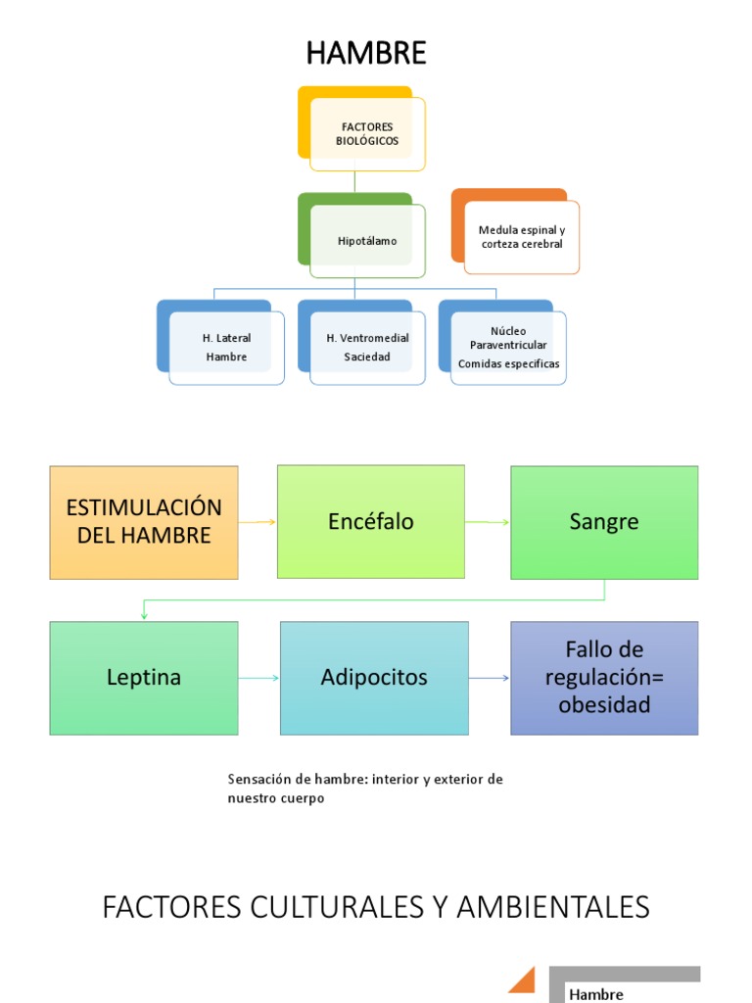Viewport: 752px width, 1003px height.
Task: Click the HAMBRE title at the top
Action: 366,53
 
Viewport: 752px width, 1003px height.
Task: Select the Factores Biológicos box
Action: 367,134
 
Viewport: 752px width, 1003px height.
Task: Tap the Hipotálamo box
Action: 367,241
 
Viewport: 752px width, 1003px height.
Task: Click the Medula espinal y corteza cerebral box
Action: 522,237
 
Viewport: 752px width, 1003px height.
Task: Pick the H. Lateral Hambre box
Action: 226,348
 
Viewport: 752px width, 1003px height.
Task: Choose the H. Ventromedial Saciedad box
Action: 367,348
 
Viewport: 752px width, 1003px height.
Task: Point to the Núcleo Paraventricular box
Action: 508,348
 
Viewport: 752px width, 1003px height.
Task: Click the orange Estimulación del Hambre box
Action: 144,522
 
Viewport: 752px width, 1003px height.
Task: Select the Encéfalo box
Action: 371,521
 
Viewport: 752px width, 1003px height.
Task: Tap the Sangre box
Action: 604,522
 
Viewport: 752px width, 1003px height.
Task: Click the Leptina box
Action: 144,678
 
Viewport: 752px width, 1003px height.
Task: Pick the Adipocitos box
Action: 374,678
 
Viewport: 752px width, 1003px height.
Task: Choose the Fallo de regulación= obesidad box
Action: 604,678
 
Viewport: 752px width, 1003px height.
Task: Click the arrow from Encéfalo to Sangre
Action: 488,522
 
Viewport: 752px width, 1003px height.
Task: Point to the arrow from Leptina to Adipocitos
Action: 258,678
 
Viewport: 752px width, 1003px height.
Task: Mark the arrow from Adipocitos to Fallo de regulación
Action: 490,678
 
